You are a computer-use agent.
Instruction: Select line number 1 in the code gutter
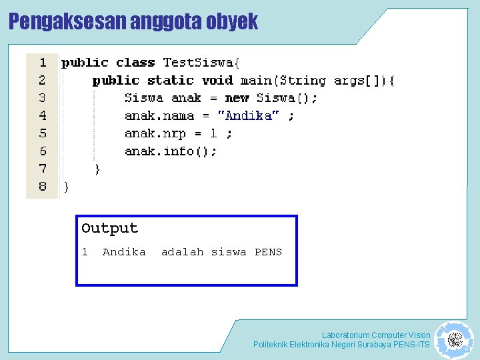[x=43, y=63]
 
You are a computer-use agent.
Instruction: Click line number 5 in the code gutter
[x=43, y=133]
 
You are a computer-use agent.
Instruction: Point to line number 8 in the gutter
[x=43, y=187]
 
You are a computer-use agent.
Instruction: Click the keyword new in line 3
[x=237, y=98]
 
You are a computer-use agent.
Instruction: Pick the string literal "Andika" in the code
[x=249, y=116]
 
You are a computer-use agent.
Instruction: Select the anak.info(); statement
[x=171, y=151]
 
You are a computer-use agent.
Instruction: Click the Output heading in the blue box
[x=109, y=228]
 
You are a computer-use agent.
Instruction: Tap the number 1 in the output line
[x=85, y=252]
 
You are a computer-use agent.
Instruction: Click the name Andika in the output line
[x=124, y=252]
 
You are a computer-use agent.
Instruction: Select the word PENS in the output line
[x=268, y=252]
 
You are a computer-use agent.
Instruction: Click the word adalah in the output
[x=182, y=252]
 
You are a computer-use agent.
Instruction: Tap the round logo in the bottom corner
[x=454, y=340]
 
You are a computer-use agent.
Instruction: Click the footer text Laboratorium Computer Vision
[x=376, y=335]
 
